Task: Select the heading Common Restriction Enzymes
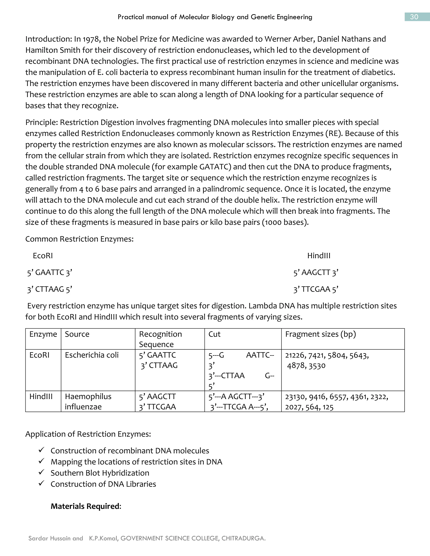(79, 239)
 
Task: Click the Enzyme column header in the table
(43, 334)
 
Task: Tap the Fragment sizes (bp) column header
(320, 334)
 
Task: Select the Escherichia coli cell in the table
(92, 355)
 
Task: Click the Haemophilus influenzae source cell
(88, 401)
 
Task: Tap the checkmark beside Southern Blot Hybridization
(41, 472)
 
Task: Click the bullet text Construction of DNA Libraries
(103, 484)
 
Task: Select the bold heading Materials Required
(86, 506)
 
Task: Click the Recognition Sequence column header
(160, 339)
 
